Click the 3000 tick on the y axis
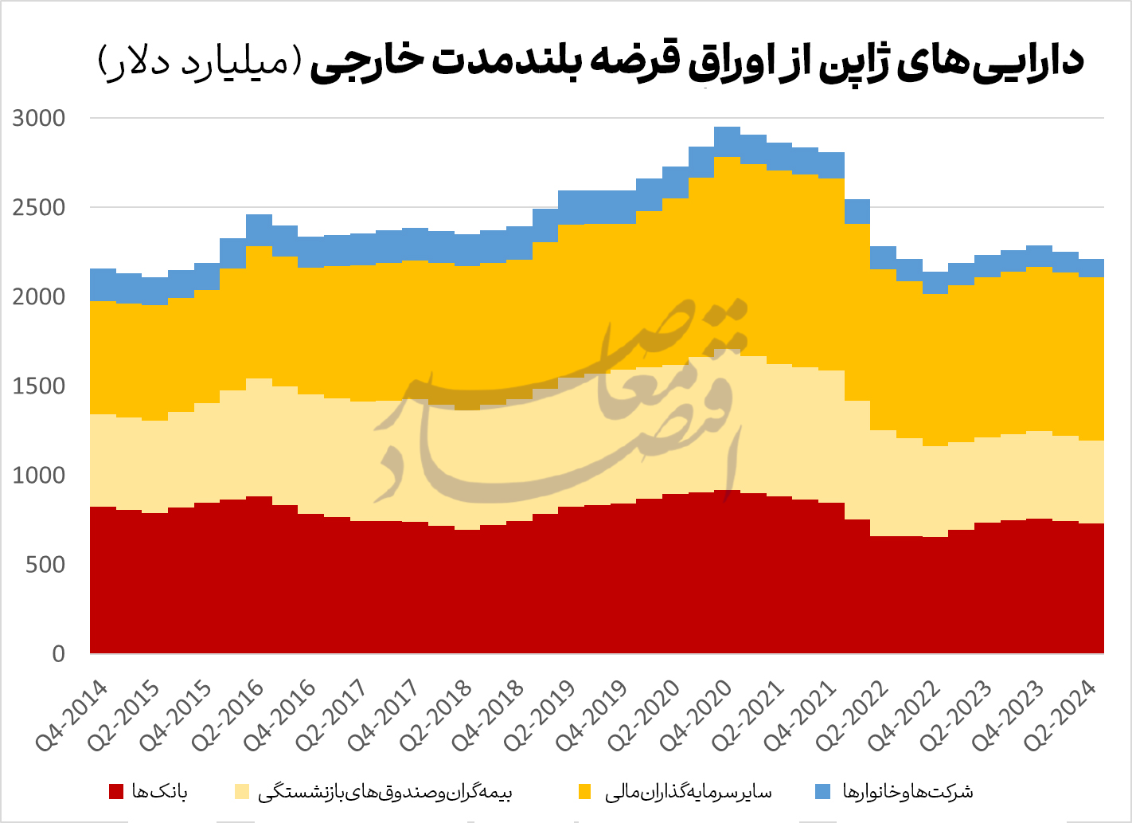click(x=38, y=119)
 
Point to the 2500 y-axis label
click(x=38, y=208)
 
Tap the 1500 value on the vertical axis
click(x=38, y=386)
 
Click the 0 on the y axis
click(x=58, y=654)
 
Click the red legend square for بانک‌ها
click(x=116, y=792)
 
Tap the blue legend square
click(x=824, y=792)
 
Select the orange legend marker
click(x=585, y=792)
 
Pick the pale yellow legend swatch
click(x=242, y=792)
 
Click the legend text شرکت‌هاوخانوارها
click(x=908, y=792)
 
